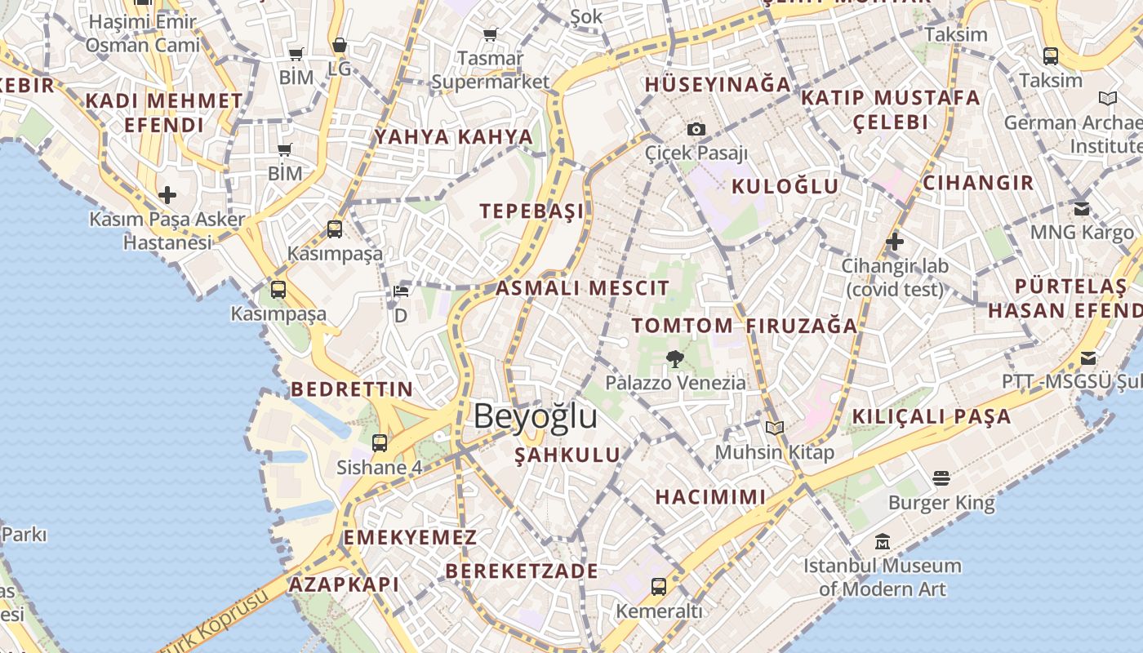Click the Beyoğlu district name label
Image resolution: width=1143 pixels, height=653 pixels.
tap(535, 416)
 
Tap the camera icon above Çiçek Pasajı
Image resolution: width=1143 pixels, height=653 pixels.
tap(696, 129)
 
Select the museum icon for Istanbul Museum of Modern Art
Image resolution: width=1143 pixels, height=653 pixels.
tap(882, 541)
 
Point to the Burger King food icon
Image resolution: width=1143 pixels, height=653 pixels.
tap(941, 478)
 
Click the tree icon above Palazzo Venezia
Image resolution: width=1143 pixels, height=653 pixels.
tap(675, 358)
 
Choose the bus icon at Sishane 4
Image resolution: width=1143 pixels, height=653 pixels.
tap(380, 443)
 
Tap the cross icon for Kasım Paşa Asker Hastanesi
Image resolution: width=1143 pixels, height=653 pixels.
tap(167, 195)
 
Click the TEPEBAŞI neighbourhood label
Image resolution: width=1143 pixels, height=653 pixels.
tap(531, 211)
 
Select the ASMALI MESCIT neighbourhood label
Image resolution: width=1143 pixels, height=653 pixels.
tap(582, 288)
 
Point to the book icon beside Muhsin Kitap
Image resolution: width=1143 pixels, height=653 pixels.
tap(774, 428)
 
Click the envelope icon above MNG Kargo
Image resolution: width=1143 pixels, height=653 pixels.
tap(1082, 208)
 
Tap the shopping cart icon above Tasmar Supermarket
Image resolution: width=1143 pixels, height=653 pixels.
tap(490, 34)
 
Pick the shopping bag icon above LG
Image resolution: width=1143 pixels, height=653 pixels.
tap(340, 45)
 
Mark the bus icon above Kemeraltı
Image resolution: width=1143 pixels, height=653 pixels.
tap(658, 586)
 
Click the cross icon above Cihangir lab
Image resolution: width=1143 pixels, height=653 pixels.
tap(895, 242)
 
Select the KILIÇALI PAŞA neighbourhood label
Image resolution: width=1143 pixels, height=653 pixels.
tap(931, 416)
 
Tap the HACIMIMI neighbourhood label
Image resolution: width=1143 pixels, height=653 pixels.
tap(710, 496)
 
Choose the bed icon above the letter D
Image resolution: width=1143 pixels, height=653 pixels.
tap(400, 291)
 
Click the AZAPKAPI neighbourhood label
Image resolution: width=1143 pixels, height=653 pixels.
tap(344, 584)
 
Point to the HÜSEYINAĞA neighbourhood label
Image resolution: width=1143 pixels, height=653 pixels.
tap(718, 84)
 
